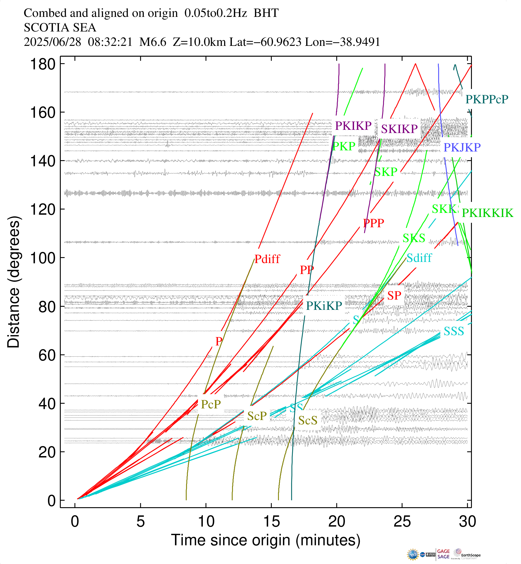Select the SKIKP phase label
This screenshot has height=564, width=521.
tap(399, 129)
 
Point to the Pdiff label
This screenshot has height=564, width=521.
tap(267, 259)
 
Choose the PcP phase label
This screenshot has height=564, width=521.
tap(211, 404)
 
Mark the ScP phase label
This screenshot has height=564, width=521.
tap(257, 416)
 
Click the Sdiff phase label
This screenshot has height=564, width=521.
tap(419, 258)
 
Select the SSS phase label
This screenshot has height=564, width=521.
tap(454, 332)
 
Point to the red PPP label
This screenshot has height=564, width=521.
tap(373, 223)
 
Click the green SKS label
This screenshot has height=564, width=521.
tap(414, 238)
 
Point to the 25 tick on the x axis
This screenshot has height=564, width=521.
tap(402, 522)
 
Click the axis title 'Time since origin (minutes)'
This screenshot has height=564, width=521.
tap(266, 540)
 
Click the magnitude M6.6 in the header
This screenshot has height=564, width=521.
tap(153, 42)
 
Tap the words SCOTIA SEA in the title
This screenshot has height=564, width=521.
tap(60, 28)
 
